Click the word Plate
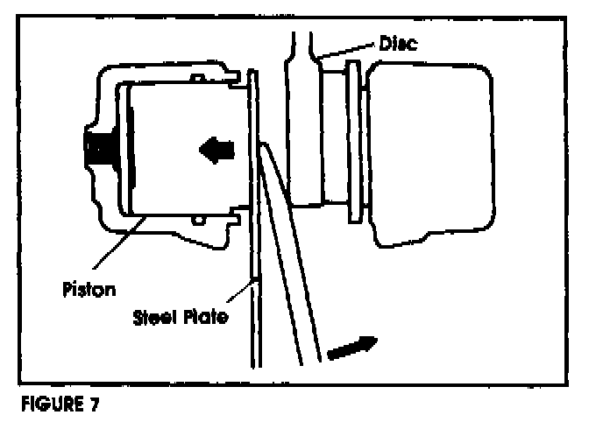click(x=208, y=317)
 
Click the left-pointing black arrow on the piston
click(x=216, y=150)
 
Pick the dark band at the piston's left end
click(x=130, y=150)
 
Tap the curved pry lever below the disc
click(x=289, y=280)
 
